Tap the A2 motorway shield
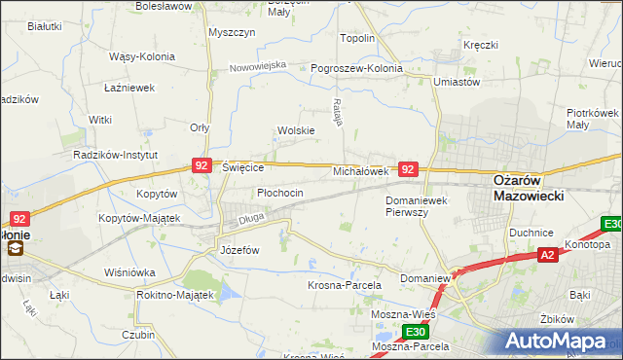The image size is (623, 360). coord(548,255)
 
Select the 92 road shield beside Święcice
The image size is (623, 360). coord(202,166)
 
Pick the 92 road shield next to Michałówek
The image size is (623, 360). coord(409,169)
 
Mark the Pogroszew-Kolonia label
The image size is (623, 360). coord(355,69)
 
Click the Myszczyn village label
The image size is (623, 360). coord(232,32)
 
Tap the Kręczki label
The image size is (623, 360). coord(481,45)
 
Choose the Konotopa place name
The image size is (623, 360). coord(591,245)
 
